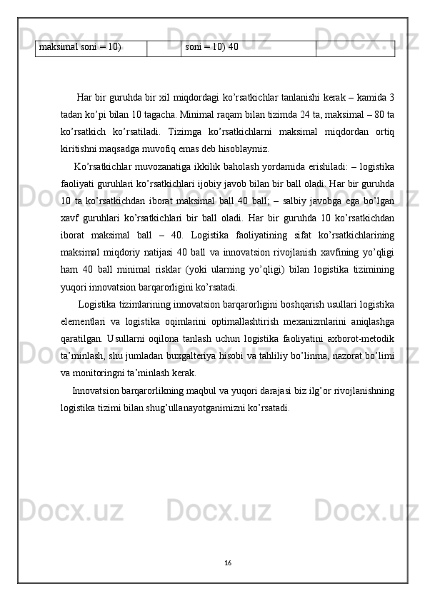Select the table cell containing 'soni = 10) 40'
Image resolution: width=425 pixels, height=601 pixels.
(211, 48)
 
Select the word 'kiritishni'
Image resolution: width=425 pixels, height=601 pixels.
(80, 149)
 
